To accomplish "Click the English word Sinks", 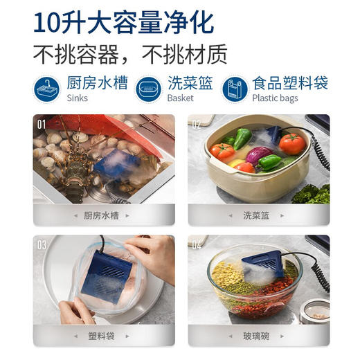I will click(x=78, y=98).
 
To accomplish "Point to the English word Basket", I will click(x=180, y=98).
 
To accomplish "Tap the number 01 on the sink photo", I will click(x=42, y=125).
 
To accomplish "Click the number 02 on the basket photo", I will click(x=197, y=125).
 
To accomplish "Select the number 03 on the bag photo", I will click(x=42, y=245).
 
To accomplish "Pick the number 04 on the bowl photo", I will click(x=197, y=245).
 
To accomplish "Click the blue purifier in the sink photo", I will click(x=117, y=167).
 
